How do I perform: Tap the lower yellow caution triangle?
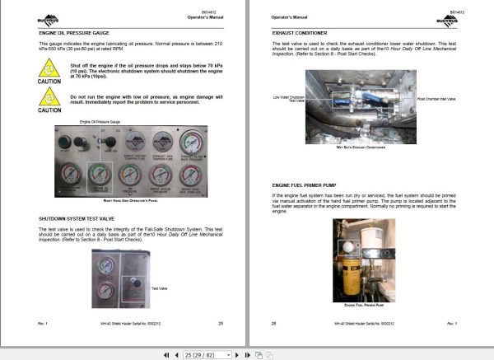50,98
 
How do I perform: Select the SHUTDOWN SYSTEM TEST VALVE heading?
81,217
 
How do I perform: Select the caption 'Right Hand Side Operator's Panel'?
131,201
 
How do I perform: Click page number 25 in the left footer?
221,323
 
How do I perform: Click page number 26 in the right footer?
273,323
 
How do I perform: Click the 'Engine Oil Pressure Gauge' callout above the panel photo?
98,121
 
